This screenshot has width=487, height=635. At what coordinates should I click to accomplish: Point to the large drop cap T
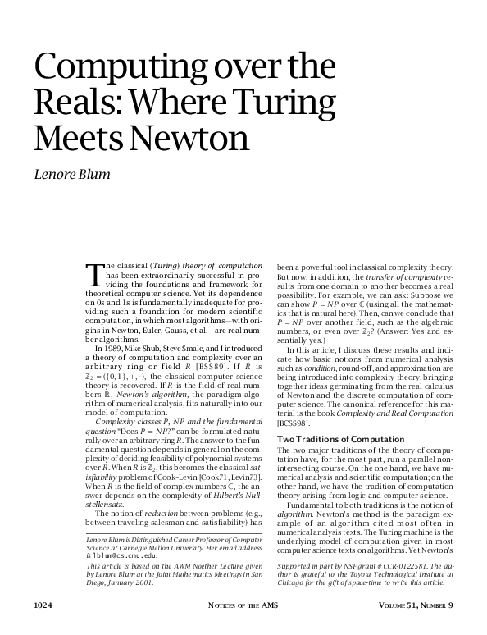91,272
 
